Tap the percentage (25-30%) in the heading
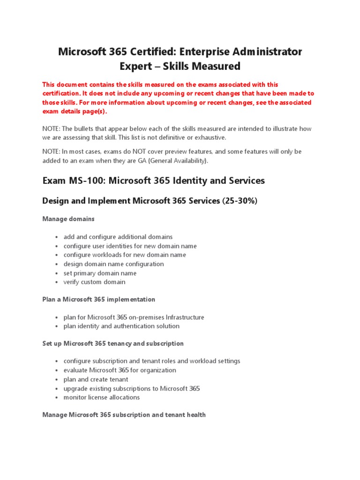(240, 201)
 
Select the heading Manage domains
(68, 219)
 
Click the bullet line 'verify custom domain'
(94, 282)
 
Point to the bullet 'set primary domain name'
(100, 273)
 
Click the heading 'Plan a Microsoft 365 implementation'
(98, 299)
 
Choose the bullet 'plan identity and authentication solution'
(121, 326)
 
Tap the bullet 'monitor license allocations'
(102, 397)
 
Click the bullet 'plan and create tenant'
(96, 379)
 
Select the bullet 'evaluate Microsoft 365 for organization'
(120, 370)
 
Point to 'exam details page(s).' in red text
(75, 112)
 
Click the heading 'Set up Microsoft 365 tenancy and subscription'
(113, 344)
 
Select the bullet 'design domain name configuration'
(114, 264)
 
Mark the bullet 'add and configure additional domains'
(118, 237)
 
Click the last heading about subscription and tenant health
(124, 415)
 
